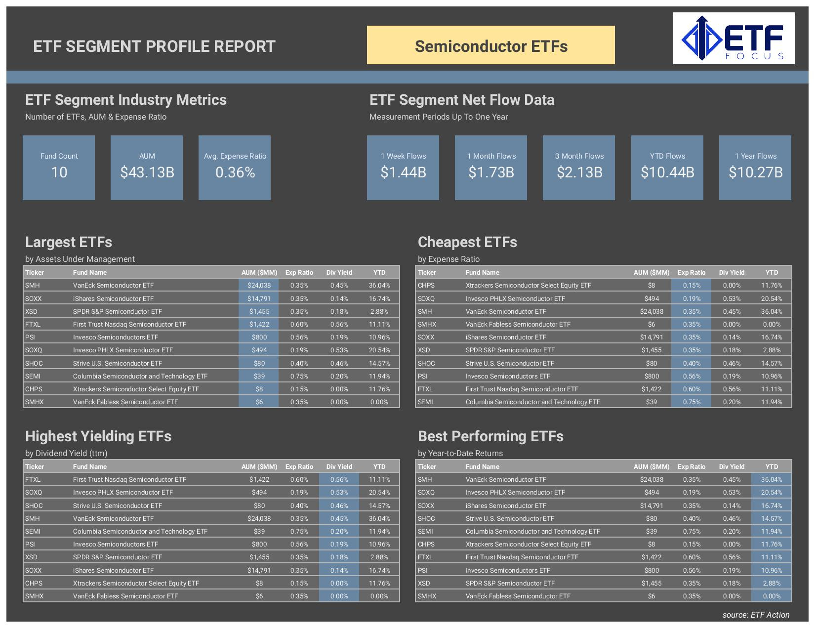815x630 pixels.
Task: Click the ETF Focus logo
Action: (x=733, y=39)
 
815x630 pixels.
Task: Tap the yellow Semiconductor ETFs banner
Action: (x=490, y=45)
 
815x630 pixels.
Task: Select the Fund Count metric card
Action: (x=59, y=168)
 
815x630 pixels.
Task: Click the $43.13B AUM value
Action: (x=147, y=172)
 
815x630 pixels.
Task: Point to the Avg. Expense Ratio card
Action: (x=235, y=168)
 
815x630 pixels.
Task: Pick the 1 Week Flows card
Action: (x=403, y=168)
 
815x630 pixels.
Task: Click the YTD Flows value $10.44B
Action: (x=667, y=172)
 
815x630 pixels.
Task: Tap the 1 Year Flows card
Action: (x=755, y=168)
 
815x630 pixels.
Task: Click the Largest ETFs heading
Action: (x=69, y=242)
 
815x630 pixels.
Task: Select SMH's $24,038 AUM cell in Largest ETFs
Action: (x=259, y=285)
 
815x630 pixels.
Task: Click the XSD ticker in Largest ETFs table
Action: (x=31, y=311)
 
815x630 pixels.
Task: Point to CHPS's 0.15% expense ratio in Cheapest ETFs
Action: (x=692, y=285)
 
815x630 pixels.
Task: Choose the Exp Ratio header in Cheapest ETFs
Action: (x=691, y=272)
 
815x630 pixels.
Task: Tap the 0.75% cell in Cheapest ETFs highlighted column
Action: (x=692, y=402)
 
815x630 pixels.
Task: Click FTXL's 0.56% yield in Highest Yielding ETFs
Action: (x=339, y=479)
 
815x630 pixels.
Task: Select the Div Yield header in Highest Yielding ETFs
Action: (x=339, y=466)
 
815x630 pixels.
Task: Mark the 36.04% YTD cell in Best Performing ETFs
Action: (x=771, y=479)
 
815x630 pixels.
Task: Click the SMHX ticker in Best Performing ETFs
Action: (x=427, y=596)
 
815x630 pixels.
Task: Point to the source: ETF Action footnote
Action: (x=756, y=615)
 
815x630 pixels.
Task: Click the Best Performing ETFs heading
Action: (x=490, y=436)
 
